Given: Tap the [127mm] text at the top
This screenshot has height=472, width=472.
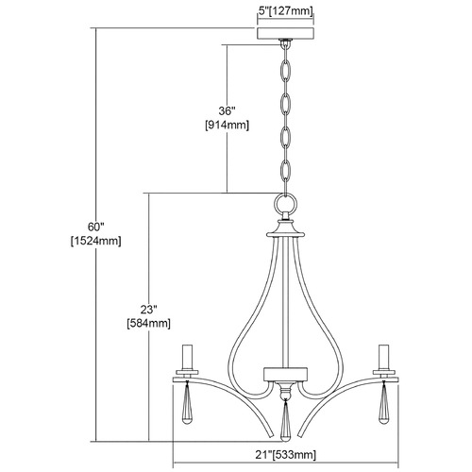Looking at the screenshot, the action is click(x=291, y=11).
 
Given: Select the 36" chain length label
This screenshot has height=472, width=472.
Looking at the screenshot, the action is click(x=227, y=110).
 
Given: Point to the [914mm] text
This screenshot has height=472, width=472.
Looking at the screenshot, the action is click(x=227, y=126).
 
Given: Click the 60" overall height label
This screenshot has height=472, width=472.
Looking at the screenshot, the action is click(x=95, y=227).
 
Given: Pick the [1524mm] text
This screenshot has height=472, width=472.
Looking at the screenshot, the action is click(x=95, y=241).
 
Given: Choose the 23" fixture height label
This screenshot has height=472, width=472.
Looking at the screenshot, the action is click(x=148, y=310).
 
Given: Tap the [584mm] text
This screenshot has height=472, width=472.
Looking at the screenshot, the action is click(x=148, y=324).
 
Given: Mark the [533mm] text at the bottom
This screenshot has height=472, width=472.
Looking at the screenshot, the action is click(x=294, y=455).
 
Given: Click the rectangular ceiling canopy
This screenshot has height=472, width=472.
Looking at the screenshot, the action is click(x=286, y=33).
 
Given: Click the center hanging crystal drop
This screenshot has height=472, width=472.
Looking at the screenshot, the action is click(x=285, y=420).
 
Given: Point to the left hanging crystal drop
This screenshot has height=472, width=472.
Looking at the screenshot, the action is click(x=187, y=403).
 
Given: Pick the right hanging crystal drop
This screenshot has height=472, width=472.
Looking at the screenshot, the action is click(x=384, y=403).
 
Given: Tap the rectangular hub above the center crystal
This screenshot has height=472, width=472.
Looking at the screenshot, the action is click(x=286, y=374).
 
